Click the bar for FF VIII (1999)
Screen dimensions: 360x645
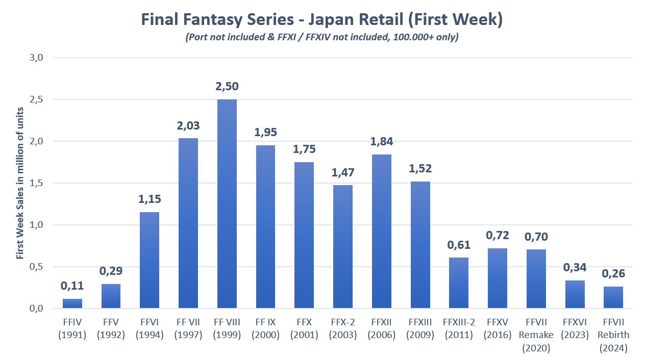pos(227,204)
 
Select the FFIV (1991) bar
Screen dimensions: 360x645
pos(72,303)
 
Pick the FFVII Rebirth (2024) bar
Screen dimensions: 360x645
pos(613,297)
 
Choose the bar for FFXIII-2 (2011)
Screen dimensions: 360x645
pos(459,283)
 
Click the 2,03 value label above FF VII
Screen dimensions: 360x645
pos(188,125)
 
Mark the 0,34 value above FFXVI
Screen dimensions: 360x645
pos(574,268)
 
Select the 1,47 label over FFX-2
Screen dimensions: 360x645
pos(342,172)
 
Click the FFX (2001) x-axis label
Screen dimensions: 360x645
pos(304,329)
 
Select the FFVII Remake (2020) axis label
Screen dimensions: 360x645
pos(536,335)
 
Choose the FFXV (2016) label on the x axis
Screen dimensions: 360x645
pos(497,329)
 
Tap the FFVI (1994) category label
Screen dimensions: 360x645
pos(150,329)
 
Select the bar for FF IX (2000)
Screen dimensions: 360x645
pos(265,227)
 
